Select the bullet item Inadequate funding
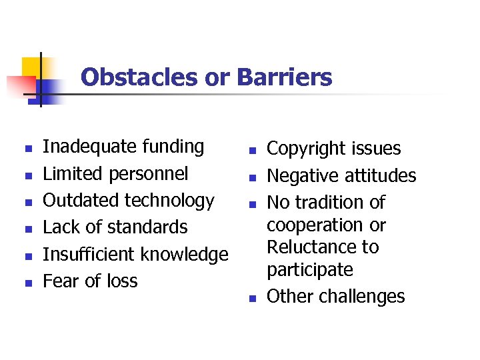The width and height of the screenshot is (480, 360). pyautogui.click(x=123, y=147)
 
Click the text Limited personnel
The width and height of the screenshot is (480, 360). pyautogui.click(x=115, y=174)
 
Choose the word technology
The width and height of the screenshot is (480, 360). pyautogui.click(x=172, y=201)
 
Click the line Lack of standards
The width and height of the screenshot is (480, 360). pyautogui.click(x=115, y=227)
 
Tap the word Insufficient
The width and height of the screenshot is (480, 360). pyautogui.click(x=87, y=255)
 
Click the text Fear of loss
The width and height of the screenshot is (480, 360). pyautogui.click(x=90, y=281)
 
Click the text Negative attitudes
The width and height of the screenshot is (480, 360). pyautogui.click(x=341, y=176)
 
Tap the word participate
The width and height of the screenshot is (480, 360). pyautogui.click(x=310, y=270)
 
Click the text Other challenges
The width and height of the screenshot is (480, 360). pyautogui.click(x=335, y=297)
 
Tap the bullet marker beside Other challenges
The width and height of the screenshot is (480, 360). pyautogui.click(x=254, y=298)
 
